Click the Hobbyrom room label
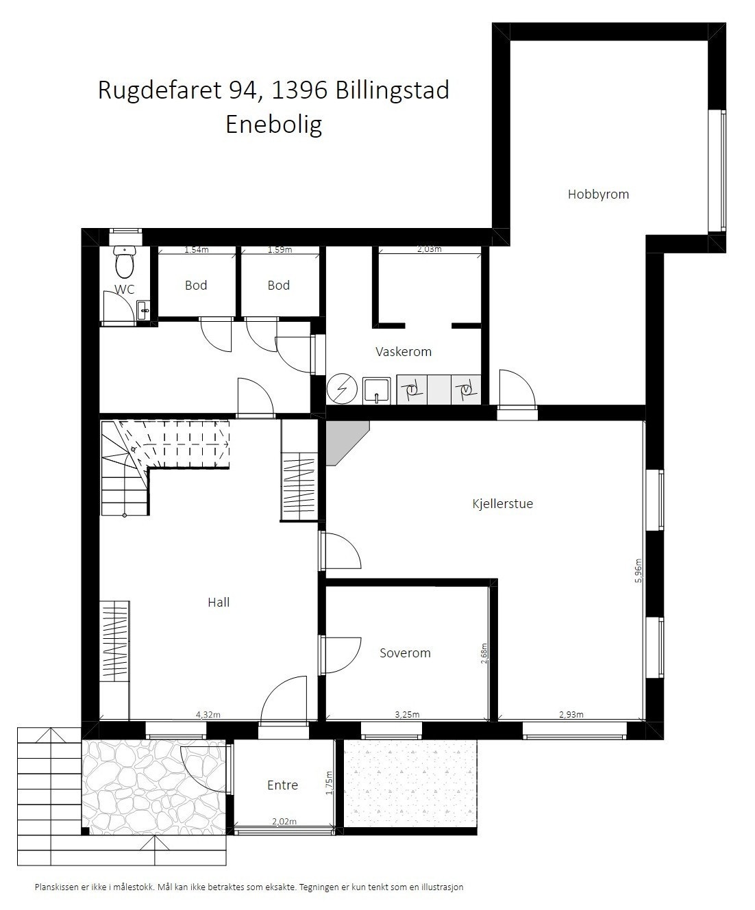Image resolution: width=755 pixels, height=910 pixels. (x=597, y=194)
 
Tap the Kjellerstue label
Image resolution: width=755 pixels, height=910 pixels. (x=502, y=504)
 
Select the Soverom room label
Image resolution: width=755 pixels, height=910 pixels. (x=405, y=653)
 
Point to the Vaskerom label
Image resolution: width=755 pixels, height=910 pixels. (x=404, y=352)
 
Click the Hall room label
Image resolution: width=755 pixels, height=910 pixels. (x=219, y=603)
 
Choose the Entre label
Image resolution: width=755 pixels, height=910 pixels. (x=282, y=785)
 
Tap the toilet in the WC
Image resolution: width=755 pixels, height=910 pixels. (x=125, y=262)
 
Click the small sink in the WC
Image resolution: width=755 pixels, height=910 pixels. (x=143, y=312)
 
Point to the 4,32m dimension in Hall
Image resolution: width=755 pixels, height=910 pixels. (x=208, y=715)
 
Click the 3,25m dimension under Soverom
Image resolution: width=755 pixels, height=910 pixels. (x=407, y=715)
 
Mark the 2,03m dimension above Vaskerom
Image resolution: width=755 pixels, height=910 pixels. (x=429, y=249)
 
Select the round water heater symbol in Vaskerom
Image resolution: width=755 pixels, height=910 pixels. (x=342, y=390)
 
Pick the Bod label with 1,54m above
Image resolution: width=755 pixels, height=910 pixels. (x=196, y=286)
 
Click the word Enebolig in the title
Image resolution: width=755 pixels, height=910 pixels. (x=273, y=125)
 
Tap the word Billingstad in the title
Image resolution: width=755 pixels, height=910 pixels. (x=393, y=90)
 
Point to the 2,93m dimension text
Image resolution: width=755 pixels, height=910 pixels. (x=571, y=715)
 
